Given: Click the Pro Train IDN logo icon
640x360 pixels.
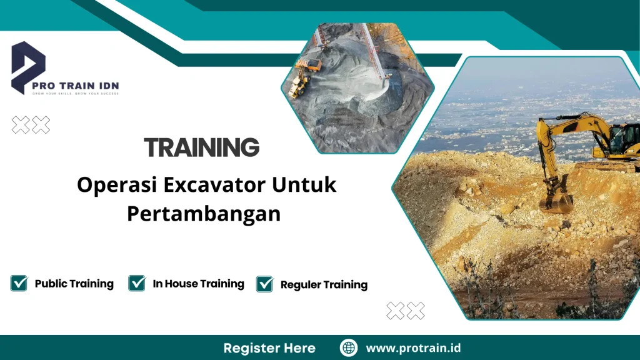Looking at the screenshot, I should [28, 66].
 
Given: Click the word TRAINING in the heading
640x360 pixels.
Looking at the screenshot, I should [201, 148].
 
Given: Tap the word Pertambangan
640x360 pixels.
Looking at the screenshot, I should [204, 213].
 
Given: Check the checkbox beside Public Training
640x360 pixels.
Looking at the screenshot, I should [19, 283].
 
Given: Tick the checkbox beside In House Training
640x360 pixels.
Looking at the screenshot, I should [137, 283].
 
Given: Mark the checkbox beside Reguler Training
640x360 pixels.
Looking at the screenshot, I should [265, 284].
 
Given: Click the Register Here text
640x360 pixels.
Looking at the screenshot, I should [269, 348].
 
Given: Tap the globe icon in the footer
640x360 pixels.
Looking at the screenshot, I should [348, 348].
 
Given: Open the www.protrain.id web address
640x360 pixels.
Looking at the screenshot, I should [413, 348].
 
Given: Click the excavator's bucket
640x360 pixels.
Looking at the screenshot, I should [556, 202].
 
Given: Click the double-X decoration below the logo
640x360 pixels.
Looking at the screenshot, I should [31, 125].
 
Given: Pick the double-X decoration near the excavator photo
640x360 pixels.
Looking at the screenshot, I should [406, 310].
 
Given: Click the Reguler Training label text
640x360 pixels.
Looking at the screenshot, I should [324, 285].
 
